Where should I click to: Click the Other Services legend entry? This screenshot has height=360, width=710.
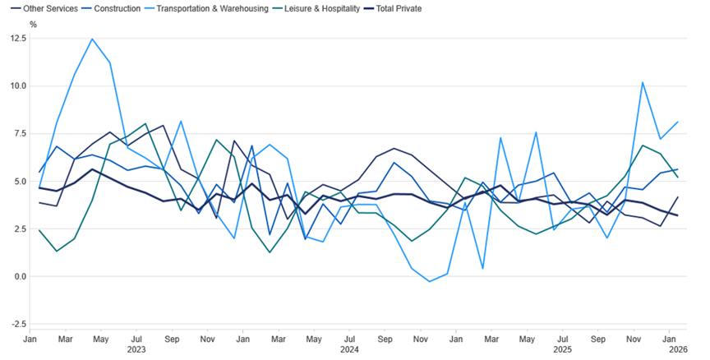[44, 8]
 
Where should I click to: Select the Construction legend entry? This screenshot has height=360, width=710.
[117, 8]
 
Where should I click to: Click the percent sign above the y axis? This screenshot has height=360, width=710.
[33, 25]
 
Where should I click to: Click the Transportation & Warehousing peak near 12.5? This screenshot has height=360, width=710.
[92, 39]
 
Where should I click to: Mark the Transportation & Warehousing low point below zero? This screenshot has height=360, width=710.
[430, 282]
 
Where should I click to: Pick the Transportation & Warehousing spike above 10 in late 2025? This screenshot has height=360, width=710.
[642, 82]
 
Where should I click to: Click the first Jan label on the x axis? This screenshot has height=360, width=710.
[30, 338]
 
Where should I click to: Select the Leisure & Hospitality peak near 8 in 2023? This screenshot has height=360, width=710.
[145, 124]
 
